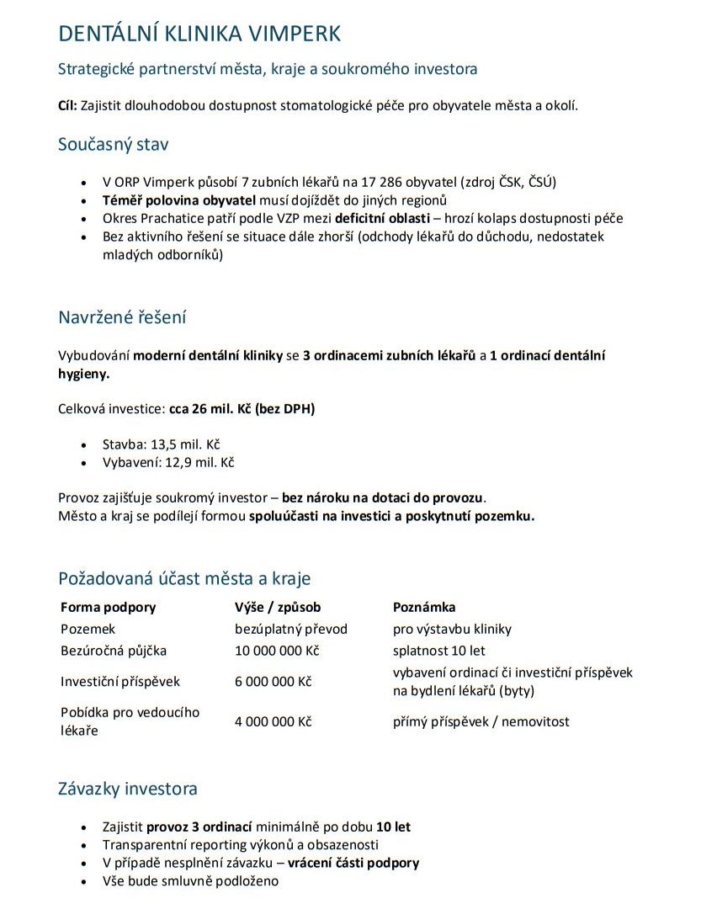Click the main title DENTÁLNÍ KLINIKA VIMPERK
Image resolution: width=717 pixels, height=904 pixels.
pyautogui.click(x=199, y=34)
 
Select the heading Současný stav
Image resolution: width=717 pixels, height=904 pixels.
pyautogui.click(x=113, y=144)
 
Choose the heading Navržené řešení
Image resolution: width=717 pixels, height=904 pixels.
pyautogui.click(x=122, y=317)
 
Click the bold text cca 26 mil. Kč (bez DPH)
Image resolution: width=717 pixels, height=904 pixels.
pyautogui.click(x=242, y=409)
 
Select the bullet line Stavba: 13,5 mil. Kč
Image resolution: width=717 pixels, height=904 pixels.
pyautogui.click(x=161, y=444)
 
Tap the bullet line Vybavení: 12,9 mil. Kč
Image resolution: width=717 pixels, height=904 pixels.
pyautogui.click(x=167, y=462)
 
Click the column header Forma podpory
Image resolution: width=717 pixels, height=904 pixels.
pyautogui.click(x=108, y=607)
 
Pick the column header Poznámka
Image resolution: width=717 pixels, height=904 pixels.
pyautogui.click(x=424, y=607)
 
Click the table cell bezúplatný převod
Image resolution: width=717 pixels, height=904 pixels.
pyautogui.click(x=290, y=629)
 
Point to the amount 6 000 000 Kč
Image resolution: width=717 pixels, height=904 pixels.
pyautogui.click(x=273, y=682)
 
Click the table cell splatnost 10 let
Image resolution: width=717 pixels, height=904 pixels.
pyautogui.click(x=438, y=651)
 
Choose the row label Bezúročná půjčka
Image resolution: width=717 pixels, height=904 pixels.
pyautogui.click(x=114, y=651)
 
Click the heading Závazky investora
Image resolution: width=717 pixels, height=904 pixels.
pyautogui.click(x=128, y=789)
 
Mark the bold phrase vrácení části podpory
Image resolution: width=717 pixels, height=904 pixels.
pyautogui.click(x=353, y=863)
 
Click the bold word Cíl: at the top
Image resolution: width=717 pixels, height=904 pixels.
pyautogui.click(x=67, y=105)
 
